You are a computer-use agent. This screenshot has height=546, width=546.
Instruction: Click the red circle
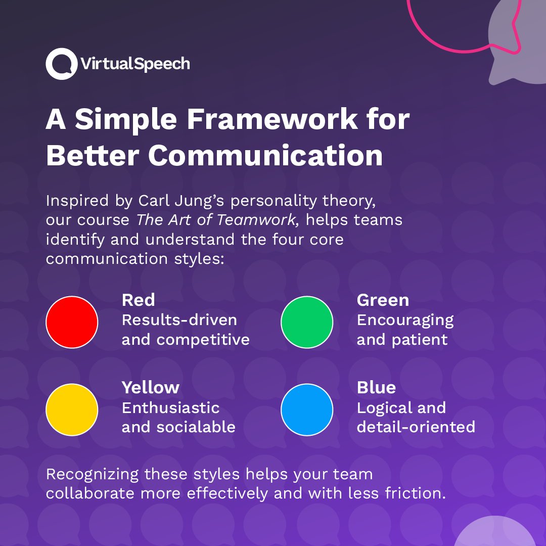click(72, 322)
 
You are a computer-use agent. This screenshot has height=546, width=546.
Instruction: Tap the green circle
click(307, 322)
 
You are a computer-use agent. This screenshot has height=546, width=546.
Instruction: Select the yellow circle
click(72, 409)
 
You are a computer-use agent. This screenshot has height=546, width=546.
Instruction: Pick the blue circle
click(307, 409)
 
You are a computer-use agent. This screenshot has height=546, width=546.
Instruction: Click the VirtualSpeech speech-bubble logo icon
click(61, 64)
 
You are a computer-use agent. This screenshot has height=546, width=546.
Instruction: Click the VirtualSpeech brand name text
click(135, 64)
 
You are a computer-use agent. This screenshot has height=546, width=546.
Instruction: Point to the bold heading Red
click(138, 300)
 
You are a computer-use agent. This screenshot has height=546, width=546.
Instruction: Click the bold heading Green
click(383, 300)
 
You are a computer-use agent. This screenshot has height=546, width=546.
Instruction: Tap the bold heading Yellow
click(150, 387)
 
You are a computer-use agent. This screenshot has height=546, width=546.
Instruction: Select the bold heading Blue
click(376, 387)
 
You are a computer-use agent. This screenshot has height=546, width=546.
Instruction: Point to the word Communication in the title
click(265, 156)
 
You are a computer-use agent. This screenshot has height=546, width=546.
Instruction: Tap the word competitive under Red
click(203, 340)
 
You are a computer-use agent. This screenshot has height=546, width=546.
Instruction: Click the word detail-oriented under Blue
click(416, 427)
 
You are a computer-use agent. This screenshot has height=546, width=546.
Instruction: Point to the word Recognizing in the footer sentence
click(92, 475)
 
